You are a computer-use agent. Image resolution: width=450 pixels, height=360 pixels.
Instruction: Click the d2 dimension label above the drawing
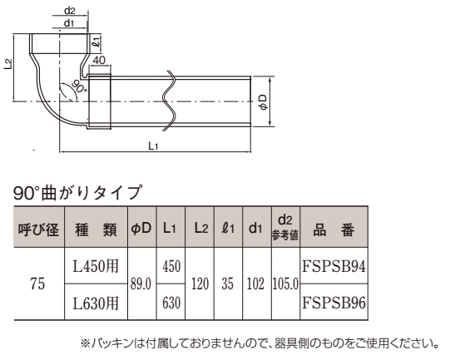[69, 11]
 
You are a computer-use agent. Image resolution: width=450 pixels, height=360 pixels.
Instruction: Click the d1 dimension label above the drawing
[69, 23]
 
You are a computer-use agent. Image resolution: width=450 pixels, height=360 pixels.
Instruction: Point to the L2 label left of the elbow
[8, 64]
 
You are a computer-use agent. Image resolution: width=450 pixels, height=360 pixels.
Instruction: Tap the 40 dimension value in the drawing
[100, 60]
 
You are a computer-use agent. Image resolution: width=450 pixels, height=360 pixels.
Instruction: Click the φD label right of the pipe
[263, 101]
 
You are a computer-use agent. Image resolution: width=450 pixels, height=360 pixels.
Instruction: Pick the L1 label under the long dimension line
[153, 146]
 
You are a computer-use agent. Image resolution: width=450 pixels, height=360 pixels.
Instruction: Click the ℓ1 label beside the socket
[96, 42]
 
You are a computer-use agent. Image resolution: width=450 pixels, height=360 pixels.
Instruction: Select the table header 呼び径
[39, 229]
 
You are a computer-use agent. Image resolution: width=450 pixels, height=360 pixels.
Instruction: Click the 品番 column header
[334, 229]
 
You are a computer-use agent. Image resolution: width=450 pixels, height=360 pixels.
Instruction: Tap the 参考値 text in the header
[285, 235]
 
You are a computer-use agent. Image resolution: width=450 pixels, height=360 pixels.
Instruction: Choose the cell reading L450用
[96, 266]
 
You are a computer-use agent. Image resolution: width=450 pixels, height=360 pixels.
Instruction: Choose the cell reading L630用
[96, 303]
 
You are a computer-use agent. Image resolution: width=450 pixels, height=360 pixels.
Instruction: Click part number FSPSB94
[334, 266]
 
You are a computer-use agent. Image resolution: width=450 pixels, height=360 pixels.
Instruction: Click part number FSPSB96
[334, 303]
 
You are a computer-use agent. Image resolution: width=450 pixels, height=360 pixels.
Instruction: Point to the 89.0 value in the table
[141, 284]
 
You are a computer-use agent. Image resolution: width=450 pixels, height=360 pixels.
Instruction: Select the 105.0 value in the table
[285, 284]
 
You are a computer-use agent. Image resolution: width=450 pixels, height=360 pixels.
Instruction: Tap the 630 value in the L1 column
[171, 303]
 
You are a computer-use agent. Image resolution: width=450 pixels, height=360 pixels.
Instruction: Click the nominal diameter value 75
[37, 284]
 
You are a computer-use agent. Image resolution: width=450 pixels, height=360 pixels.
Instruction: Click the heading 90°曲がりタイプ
[77, 193]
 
